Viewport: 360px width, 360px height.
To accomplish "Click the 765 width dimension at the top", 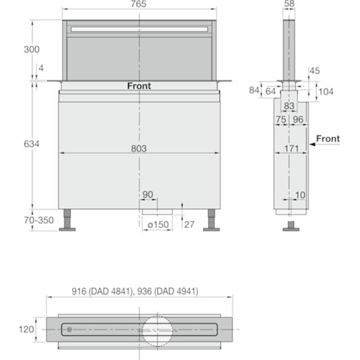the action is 138,4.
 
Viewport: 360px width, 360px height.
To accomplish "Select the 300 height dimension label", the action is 31,49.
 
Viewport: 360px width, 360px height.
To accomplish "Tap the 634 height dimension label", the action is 31,144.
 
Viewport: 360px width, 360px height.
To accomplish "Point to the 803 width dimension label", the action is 139,148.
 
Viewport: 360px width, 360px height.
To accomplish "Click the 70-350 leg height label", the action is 39,220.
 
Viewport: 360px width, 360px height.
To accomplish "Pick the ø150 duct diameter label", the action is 158,224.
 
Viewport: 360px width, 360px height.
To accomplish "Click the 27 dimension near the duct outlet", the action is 190,224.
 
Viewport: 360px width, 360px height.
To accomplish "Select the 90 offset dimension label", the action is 147,195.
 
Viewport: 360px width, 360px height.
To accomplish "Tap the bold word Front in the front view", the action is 139,86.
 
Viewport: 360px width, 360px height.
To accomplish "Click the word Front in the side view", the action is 328,139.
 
